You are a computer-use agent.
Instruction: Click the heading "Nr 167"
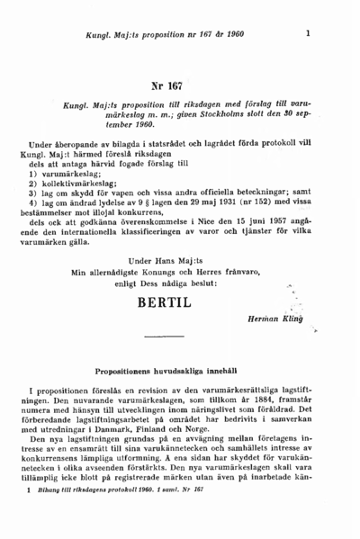pyautogui.click(x=166, y=86)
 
